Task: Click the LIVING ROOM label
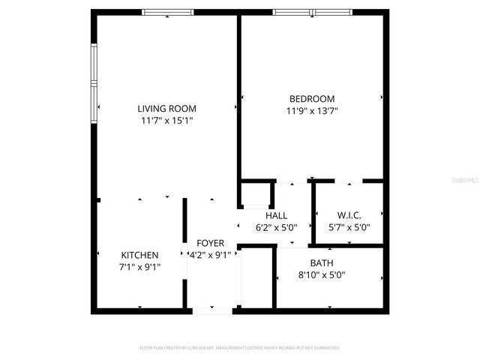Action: (167, 107)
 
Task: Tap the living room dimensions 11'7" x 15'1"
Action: (167, 120)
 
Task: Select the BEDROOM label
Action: (312, 99)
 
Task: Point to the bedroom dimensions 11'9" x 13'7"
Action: (312, 112)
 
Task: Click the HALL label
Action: (277, 216)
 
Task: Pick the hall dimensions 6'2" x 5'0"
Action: (277, 227)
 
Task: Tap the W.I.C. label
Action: (349, 216)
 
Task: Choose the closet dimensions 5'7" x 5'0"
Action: (349, 227)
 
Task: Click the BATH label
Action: (322, 262)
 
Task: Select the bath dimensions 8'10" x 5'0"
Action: (322, 274)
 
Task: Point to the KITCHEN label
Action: (140, 255)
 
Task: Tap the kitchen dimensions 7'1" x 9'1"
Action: (140, 266)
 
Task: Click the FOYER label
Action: (211, 243)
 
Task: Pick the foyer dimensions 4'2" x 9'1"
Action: (211, 255)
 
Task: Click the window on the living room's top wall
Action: (168, 12)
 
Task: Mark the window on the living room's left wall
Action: (94, 82)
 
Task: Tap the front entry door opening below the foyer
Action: (213, 310)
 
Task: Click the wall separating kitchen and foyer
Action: (184, 247)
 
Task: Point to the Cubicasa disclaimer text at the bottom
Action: (240, 348)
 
